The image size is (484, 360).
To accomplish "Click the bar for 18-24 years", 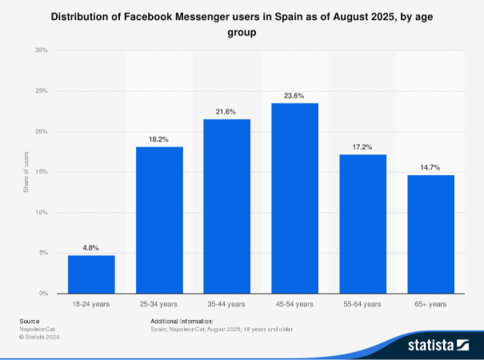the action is [x=91, y=274].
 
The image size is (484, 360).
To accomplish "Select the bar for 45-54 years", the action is [x=294, y=198].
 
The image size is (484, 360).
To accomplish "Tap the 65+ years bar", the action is [x=430, y=234].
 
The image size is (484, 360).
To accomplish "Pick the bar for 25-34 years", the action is [x=159, y=220].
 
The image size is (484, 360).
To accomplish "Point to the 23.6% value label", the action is [x=294, y=96].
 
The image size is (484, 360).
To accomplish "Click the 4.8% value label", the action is [x=90, y=248].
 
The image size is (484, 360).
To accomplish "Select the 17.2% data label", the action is [x=362, y=147].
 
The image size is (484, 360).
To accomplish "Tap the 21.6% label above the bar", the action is [x=226, y=111].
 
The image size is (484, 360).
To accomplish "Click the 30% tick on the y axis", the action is [x=42, y=50].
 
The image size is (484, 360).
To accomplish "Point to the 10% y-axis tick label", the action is [x=42, y=213].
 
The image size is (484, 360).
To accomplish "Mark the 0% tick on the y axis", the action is [x=43, y=294].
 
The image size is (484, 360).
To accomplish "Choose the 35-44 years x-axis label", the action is [x=226, y=304].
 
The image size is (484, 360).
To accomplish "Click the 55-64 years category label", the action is [x=362, y=304].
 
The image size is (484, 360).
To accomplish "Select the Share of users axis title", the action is [x=26, y=172].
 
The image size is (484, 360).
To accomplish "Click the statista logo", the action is [x=438, y=345].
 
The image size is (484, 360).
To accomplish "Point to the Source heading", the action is [x=30, y=321].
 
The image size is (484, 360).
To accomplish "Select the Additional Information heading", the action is [x=182, y=321].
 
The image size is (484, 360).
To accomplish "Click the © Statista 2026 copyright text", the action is [x=39, y=337].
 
